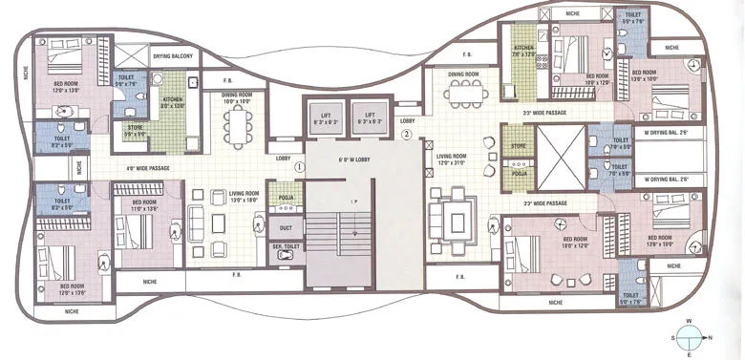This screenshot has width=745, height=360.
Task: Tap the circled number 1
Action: pyautogui.click(x=299, y=166)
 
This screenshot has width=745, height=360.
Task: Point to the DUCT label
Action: pyautogui.click(x=286, y=228)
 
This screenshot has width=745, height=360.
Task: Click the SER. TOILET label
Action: pyautogui.click(x=285, y=249)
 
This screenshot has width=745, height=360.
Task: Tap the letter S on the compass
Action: pyautogui.click(x=673, y=337)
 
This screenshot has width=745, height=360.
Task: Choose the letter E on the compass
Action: pyautogui.click(x=690, y=354)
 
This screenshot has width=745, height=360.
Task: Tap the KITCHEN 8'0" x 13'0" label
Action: pyautogui.click(x=172, y=101)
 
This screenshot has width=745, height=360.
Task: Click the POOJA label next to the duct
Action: pyautogui.click(x=285, y=200)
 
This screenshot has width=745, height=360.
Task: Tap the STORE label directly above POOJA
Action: pyautogui.click(x=519, y=146)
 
